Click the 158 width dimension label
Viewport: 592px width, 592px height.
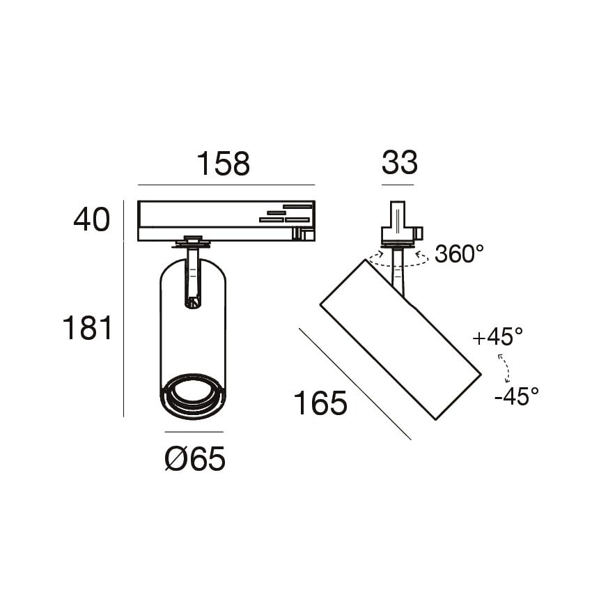click(223, 164)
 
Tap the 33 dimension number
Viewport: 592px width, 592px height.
click(400, 163)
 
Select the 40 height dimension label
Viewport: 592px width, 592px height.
click(92, 219)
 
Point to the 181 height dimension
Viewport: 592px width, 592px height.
click(87, 328)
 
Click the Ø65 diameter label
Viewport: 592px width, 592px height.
click(195, 458)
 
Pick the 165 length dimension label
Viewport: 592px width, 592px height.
click(320, 403)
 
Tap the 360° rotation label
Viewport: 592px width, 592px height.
click(459, 254)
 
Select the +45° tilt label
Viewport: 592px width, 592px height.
click(497, 337)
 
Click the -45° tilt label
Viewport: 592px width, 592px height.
click(517, 396)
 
